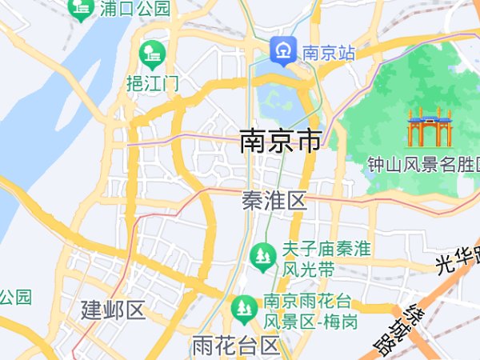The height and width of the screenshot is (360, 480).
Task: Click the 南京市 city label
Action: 281,142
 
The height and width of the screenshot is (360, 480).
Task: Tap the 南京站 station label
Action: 328,53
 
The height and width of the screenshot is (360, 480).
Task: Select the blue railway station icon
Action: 282,50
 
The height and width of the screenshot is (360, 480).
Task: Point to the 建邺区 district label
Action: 113,310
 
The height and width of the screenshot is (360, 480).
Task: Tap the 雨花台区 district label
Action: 235,346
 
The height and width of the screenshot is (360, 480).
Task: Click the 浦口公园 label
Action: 136,9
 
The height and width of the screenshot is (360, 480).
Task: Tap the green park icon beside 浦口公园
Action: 80,9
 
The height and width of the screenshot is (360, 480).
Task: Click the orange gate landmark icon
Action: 430,126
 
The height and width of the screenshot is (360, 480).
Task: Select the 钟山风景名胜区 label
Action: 422,165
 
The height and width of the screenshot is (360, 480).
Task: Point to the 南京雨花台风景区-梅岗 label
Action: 310,312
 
